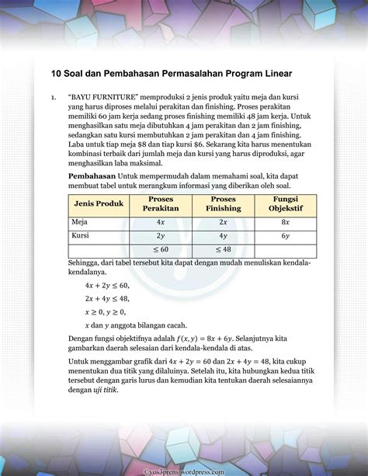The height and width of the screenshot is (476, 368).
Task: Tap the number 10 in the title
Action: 57,75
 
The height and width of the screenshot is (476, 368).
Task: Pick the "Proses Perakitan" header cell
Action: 161,203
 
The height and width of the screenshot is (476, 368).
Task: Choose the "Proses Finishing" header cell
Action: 223,203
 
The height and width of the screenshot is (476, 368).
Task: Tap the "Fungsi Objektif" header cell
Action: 285,203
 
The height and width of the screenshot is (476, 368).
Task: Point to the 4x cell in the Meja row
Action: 161,221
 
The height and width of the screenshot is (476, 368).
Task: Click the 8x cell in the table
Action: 285,221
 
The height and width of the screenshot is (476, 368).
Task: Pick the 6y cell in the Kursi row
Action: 285,235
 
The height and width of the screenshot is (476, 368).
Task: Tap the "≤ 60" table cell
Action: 161,250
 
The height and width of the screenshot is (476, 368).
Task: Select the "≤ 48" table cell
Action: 223,250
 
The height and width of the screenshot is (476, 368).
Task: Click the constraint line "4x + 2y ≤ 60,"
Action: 107,286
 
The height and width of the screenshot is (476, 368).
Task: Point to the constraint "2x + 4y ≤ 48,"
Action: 107,299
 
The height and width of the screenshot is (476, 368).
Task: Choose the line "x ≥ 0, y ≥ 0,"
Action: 106,311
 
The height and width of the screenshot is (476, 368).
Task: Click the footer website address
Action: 184,471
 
